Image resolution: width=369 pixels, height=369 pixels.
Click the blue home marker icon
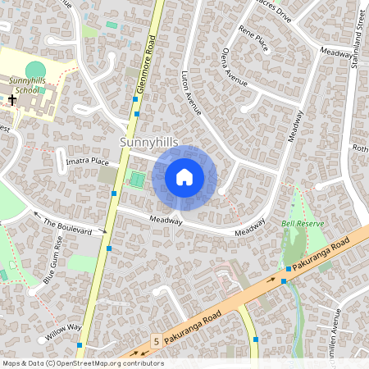[184, 176]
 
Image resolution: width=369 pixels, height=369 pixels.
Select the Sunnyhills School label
[28, 85]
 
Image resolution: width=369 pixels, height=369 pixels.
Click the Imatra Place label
[87, 162]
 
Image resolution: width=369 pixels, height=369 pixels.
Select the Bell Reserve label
[303, 223]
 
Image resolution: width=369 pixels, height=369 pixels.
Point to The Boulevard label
[67, 226]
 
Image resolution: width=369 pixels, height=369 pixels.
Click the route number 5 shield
[155, 339]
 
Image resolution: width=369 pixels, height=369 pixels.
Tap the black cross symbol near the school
[11, 99]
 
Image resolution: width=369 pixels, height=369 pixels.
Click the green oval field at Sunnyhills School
[35, 71]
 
